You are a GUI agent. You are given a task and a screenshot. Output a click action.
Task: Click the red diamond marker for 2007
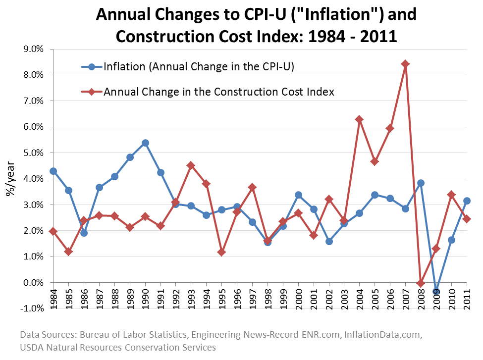coord(405,64)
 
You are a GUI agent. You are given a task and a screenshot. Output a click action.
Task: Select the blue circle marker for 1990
coord(145,143)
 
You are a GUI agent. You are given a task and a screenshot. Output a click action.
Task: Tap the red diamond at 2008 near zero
coord(421,283)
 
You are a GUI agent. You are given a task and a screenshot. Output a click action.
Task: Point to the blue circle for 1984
coord(53,171)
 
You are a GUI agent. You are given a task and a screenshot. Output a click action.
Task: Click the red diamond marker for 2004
coord(360,119)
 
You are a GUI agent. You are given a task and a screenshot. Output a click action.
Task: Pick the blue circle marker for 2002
coord(329,242)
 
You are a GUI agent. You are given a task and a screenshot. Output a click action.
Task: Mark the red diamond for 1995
coord(221,253)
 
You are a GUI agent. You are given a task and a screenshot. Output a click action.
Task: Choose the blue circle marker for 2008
coord(421,183)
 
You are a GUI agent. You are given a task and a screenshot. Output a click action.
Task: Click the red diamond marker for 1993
coord(191,165)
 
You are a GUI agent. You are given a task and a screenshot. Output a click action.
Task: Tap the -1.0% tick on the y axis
coord(31,309)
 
